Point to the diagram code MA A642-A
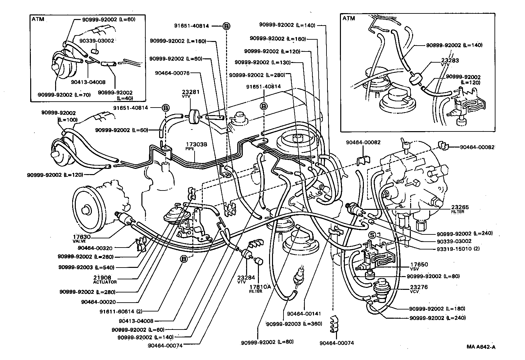[x=481, y=347]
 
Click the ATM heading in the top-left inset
[x=37, y=19]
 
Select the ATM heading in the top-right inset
[x=348, y=18]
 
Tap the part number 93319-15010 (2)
[x=458, y=249]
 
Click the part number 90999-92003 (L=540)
[x=86, y=267]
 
